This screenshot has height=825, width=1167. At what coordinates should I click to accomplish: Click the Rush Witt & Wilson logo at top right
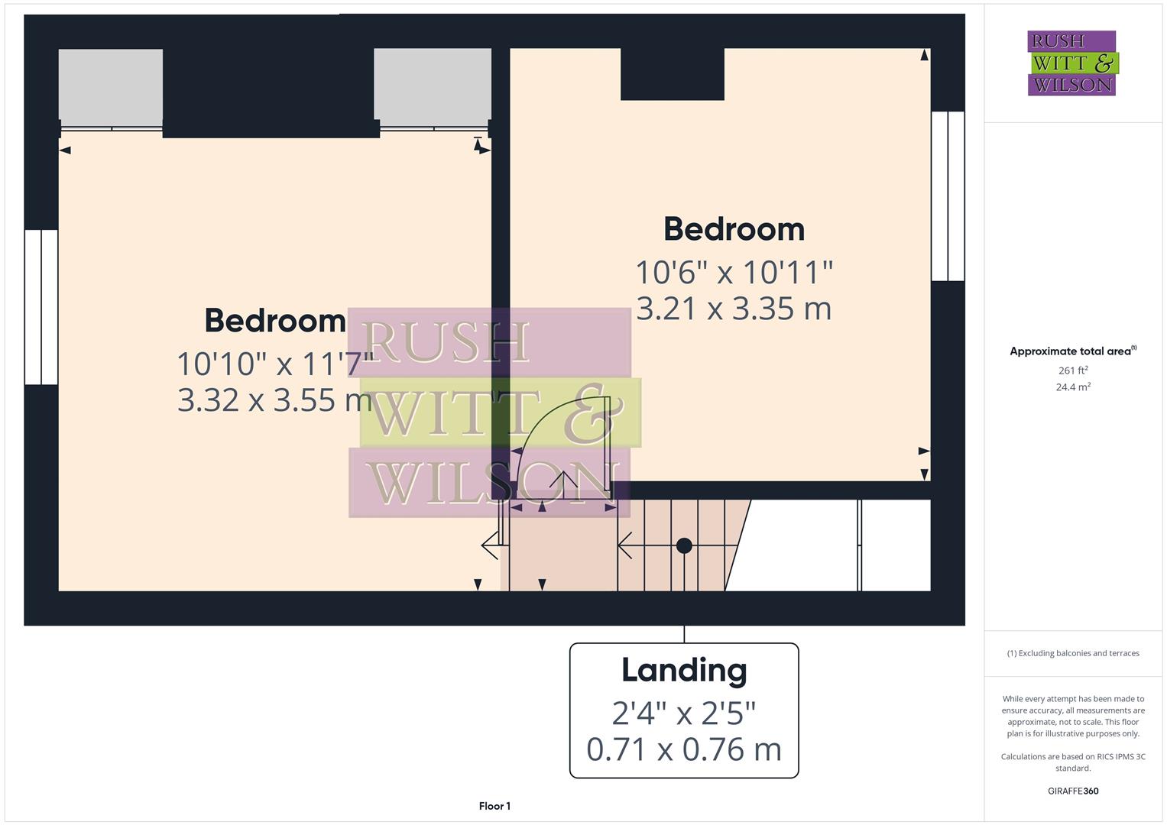pos(1071,63)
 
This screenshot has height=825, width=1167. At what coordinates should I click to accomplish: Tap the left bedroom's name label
pos(275,321)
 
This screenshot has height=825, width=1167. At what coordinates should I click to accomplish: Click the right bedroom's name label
pos(734,229)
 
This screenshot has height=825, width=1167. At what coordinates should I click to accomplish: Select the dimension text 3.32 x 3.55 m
pos(274,400)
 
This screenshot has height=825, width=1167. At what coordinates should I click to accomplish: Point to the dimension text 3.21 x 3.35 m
pos(734,309)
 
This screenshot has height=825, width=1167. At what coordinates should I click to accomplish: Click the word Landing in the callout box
pos(684,671)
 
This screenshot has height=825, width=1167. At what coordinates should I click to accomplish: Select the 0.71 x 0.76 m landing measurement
pos(684,749)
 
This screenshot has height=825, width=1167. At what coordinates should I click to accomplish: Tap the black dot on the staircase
pos(684,545)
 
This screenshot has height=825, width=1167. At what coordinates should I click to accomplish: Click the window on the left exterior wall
pos(41,307)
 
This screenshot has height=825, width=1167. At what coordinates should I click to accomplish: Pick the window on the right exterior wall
pos(948,196)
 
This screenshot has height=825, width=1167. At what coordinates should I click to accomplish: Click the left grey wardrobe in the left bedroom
pos(111,85)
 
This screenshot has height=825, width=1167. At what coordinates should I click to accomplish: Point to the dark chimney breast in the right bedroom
pos(673,74)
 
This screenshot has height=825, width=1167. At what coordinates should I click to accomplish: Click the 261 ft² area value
pos(1073,370)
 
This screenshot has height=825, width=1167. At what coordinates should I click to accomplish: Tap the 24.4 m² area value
pos(1073,387)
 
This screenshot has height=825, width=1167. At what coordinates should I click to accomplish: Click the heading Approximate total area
pos(1072,351)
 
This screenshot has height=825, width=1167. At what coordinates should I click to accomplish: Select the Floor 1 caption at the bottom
pos(494,806)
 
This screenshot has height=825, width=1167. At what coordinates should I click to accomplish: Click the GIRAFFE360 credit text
pos(1073,791)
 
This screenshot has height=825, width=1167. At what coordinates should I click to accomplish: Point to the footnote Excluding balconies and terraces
pos(1073,653)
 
